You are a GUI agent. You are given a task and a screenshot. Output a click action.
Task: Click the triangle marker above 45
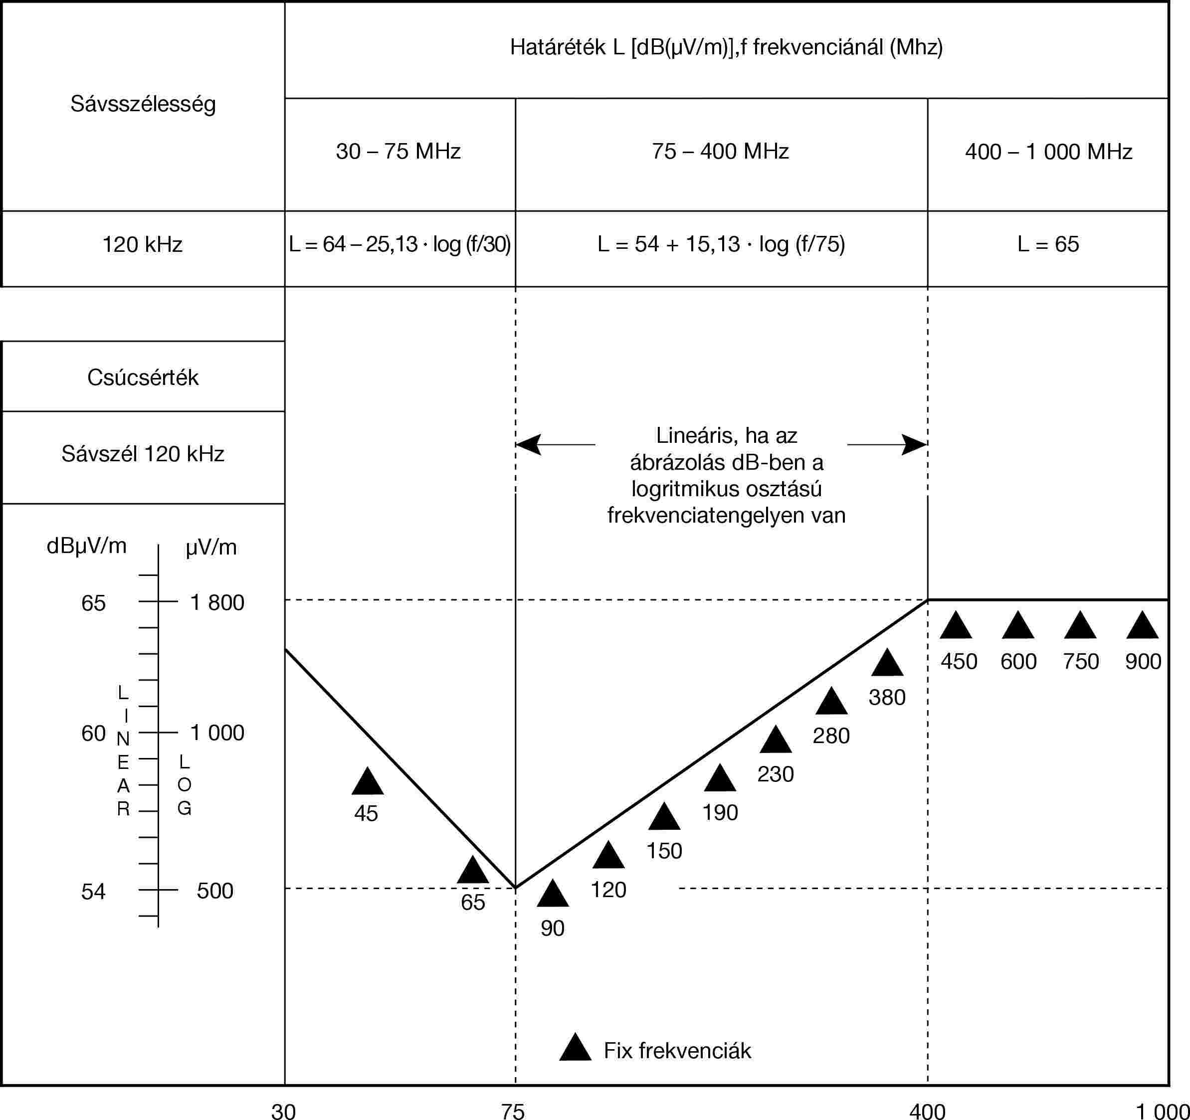tap(367, 782)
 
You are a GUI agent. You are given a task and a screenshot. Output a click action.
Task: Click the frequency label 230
tap(775, 774)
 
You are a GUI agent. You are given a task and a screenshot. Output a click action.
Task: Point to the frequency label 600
tap(1018, 661)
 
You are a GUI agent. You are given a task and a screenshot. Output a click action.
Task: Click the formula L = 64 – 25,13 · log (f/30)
tap(399, 244)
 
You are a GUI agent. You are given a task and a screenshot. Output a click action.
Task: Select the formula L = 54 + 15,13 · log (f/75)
tap(721, 244)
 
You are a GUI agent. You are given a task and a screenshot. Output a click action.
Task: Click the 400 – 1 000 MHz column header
tap(1048, 152)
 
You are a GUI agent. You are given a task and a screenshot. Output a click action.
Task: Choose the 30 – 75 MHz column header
tap(398, 152)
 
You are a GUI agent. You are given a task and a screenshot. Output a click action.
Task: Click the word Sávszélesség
tap(143, 104)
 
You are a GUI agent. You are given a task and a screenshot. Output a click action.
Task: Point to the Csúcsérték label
tap(143, 377)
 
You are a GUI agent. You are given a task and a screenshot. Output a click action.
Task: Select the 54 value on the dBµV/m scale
tap(93, 891)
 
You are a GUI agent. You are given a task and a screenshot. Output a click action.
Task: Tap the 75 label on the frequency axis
tap(513, 1111)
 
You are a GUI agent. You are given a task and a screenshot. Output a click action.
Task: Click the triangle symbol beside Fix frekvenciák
tap(575, 1048)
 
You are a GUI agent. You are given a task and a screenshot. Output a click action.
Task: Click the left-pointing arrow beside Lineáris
tap(528, 445)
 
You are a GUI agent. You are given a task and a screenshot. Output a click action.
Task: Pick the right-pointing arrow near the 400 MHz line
tap(914, 445)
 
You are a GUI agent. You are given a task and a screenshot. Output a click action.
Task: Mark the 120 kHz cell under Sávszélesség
tap(143, 244)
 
